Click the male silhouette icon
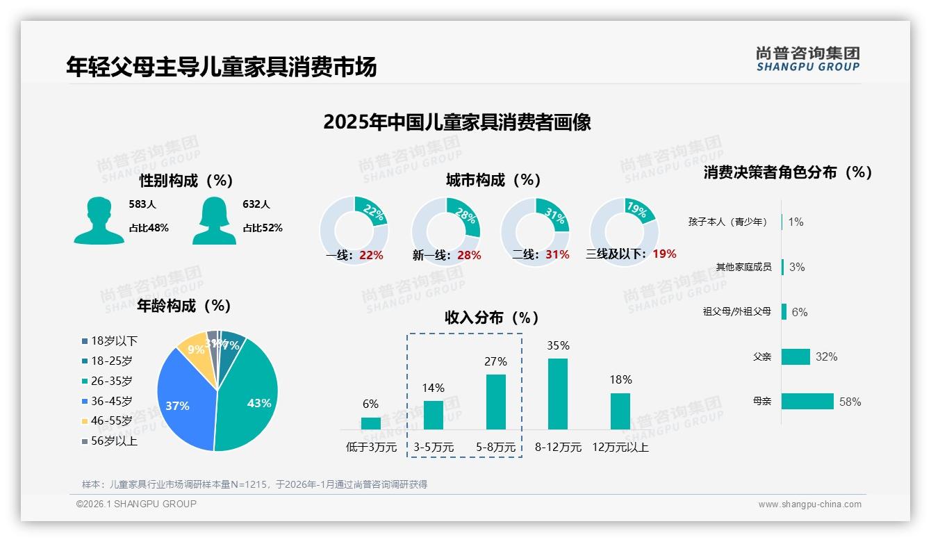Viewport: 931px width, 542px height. (x=99, y=220)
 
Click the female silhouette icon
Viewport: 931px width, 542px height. (x=214, y=220)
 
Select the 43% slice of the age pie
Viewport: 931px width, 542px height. (x=250, y=396)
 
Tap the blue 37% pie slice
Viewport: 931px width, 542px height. (x=181, y=403)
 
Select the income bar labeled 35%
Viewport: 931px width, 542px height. (x=558, y=394)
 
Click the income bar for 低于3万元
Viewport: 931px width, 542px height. (x=371, y=423)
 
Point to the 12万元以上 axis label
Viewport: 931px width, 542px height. (x=620, y=447)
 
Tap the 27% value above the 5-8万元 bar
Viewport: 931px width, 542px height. (x=495, y=361)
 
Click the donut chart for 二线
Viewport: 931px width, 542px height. (x=535, y=231)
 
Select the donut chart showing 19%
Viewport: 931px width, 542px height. (x=624, y=231)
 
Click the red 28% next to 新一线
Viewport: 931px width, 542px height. (x=469, y=255)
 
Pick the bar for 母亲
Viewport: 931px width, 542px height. (x=807, y=402)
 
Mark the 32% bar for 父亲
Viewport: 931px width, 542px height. (x=796, y=356)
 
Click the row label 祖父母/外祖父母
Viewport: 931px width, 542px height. (x=736, y=312)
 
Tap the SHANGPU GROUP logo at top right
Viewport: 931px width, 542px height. (x=807, y=59)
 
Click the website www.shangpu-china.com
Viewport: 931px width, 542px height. (x=809, y=504)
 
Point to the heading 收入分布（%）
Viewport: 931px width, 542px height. (x=492, y=318)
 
